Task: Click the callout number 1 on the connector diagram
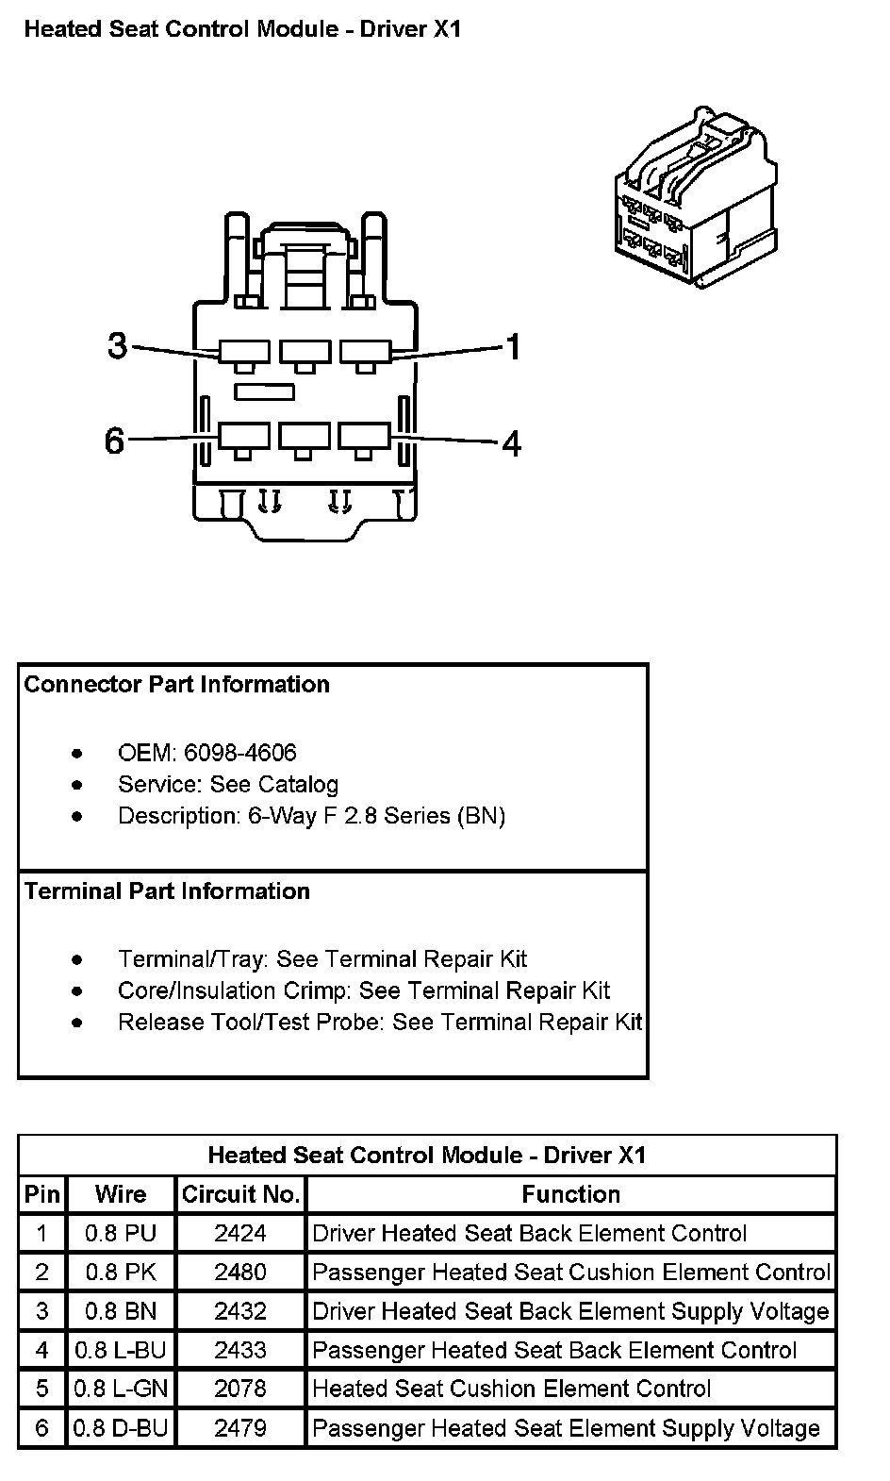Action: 514,347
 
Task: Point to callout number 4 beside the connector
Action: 511,442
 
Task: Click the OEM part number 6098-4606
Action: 239,753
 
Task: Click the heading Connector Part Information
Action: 177,685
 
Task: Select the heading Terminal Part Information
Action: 168,891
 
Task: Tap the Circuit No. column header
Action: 240,1195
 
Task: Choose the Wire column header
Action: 121,1195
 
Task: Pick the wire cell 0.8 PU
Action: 121,1233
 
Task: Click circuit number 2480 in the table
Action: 240,1273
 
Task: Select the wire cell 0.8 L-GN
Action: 121,1389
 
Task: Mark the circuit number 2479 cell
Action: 240,1428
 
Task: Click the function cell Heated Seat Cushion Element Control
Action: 512,1389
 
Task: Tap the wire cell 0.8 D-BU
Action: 121,1428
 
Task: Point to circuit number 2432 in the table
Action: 240,1311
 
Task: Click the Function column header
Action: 571,1195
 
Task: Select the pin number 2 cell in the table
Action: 41,1273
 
